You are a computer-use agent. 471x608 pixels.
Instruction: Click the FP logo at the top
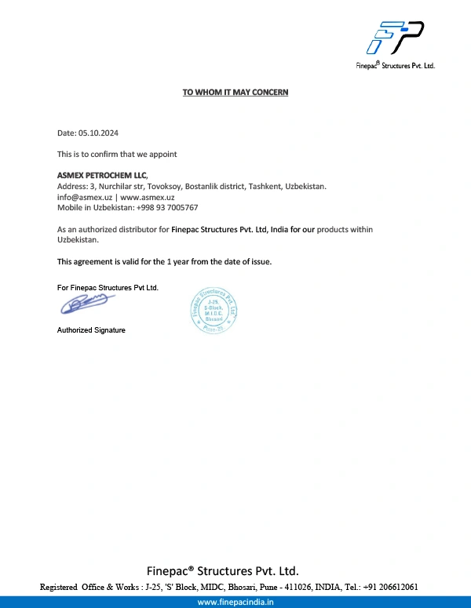pos(398,38)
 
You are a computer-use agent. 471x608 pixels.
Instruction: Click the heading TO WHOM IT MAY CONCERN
pos(235,93)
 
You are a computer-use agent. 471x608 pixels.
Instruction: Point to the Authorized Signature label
pos(91,330)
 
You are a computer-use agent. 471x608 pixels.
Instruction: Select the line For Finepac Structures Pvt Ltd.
pos(108,288)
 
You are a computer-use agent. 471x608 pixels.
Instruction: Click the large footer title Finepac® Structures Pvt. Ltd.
pos(223,570)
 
